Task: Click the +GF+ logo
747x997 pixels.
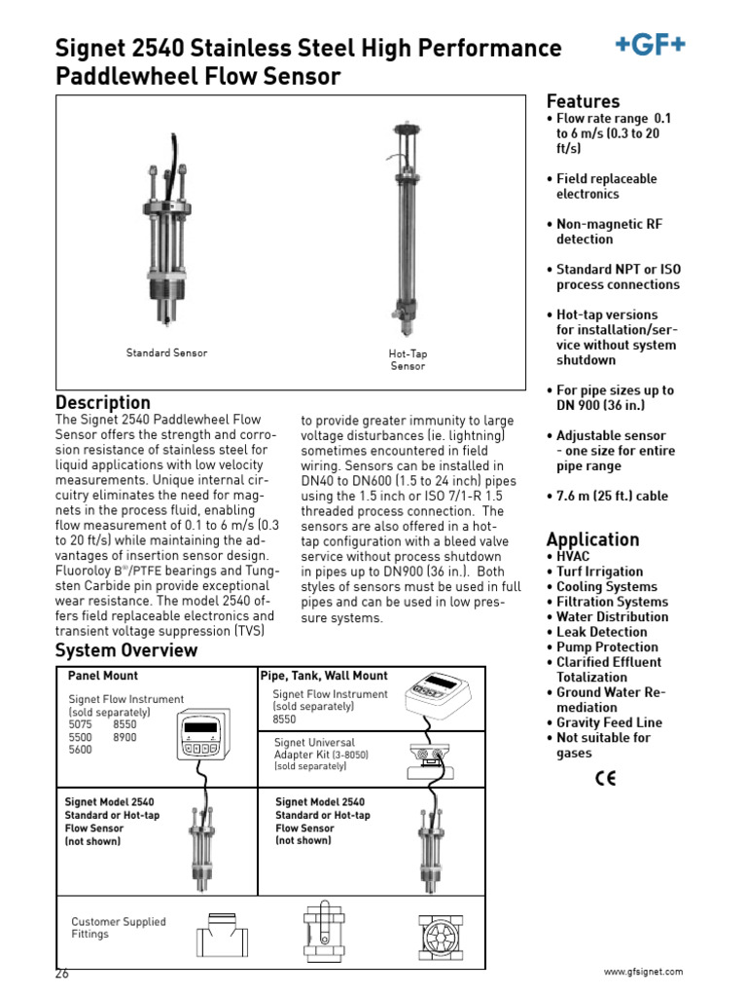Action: pos(650,44)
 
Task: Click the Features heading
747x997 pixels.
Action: pos(583,101)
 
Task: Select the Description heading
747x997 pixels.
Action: pos(103,402)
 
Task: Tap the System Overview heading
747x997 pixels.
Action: pos(126,649)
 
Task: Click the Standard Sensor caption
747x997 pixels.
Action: pos(166,352)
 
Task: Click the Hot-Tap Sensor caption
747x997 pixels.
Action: pos(408,359)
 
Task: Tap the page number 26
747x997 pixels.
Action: pos(63,973)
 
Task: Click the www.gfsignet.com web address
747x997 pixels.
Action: pos(643,972)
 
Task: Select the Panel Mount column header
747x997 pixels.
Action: pos(102,675)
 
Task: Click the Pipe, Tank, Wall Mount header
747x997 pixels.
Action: pos(324,675)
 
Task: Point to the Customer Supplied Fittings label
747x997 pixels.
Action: pos(119,928)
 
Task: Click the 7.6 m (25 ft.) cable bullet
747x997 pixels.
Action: pos(612,497)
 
